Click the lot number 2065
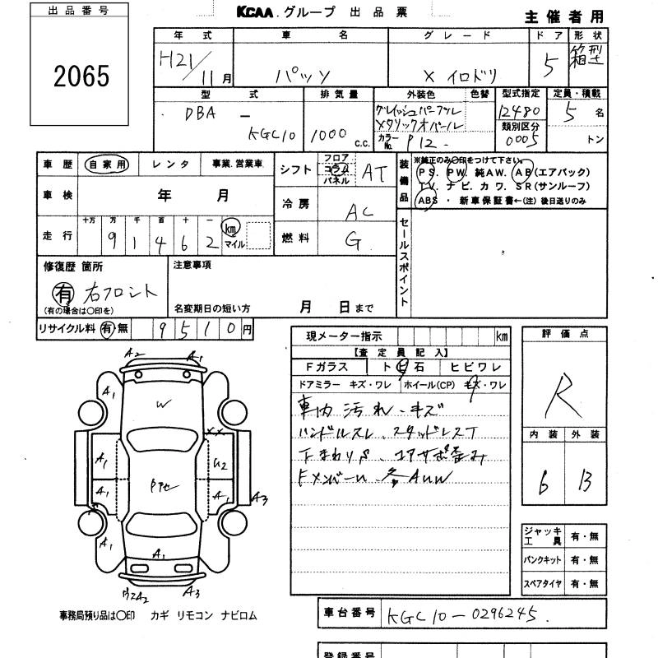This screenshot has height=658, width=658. click(x=81, y=76)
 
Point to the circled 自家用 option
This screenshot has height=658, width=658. click(x=107, y=164)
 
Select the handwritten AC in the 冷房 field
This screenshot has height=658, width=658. click(x=358, y=211)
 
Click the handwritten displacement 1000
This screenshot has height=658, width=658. click(x=329, y=133)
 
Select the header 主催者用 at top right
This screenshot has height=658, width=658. click(x=564, y=16)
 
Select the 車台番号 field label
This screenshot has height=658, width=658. click(x=347, y=613)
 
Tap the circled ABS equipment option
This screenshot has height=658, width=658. click(x=427, y=200)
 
